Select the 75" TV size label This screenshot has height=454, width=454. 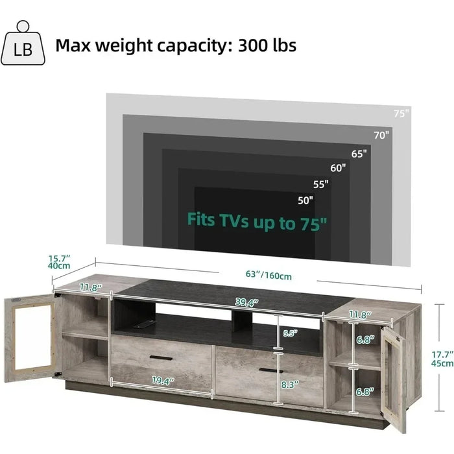[401, 113]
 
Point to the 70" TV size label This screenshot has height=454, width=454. [381, 135]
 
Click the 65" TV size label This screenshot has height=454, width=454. [359, 154]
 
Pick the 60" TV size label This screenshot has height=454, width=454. [338, 168]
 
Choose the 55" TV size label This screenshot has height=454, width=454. [320, 184]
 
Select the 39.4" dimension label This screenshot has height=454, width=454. [246, 302]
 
